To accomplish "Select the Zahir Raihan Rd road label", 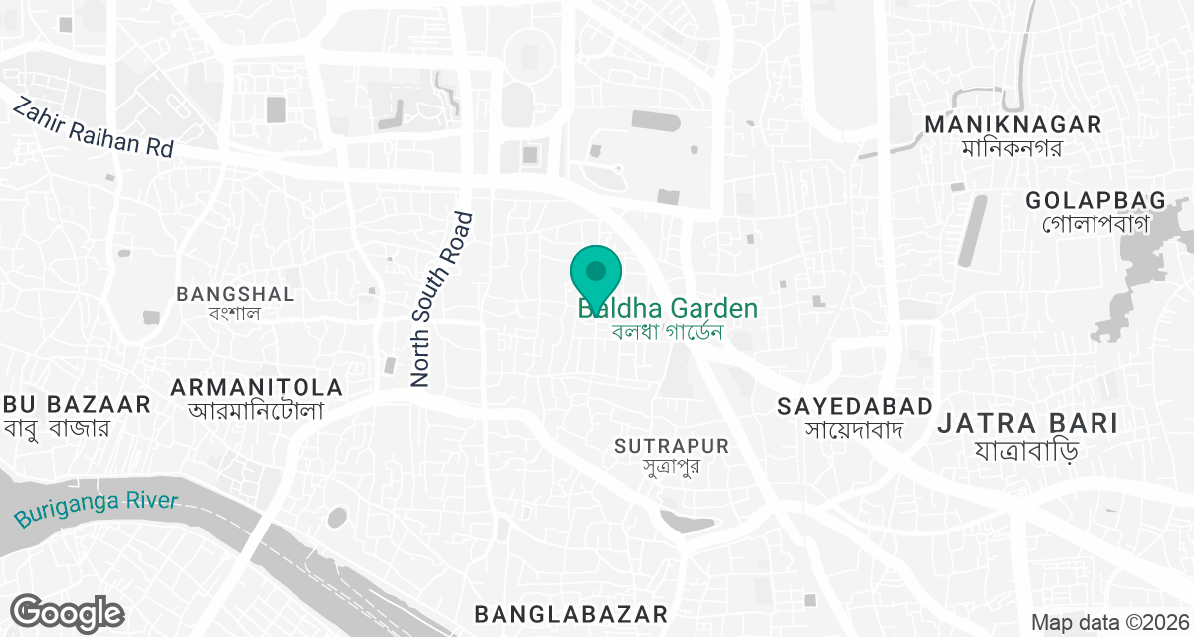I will tap(93, 126).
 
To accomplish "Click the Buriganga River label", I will tap(97, 510).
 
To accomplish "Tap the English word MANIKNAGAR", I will tap(1013, 125).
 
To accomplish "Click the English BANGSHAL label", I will tap(235, 294).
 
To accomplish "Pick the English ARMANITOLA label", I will tap(257, 387).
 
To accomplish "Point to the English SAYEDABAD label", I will tap(856, 406).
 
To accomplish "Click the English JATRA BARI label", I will tap(1028, 423).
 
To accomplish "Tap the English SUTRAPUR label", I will tap(672, 446).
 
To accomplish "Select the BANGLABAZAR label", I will tap(570, 611).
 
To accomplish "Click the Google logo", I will tap(67, 611).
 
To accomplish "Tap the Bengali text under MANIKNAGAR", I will tap(1013, 148).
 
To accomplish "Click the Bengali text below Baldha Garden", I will tap(667, 331).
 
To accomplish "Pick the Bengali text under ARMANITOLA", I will tap(257, 410).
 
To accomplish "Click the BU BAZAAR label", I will tap(77, 404).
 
